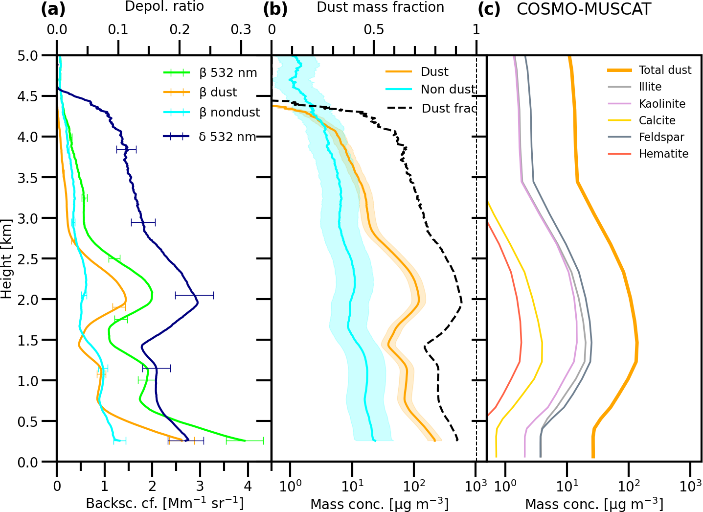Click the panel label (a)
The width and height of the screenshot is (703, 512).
pos(53,9)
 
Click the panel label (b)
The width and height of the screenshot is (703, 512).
pos(275,9)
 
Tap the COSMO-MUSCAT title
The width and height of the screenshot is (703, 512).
pos(584,9)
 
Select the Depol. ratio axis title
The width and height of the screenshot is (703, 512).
pos(164,7)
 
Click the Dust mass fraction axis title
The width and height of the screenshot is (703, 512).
pos(380,7)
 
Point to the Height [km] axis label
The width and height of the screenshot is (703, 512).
pos(6,258)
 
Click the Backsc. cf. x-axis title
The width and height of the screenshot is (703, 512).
pos(164,503)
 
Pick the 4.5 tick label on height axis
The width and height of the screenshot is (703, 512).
pos(27,96)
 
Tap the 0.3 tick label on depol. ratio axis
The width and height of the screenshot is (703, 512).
pos(241,30)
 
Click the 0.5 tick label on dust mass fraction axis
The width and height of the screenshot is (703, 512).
pos(374,30)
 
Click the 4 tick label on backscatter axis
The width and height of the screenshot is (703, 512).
pos(248,486)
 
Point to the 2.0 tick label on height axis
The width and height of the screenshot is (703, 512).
pos(27,300)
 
